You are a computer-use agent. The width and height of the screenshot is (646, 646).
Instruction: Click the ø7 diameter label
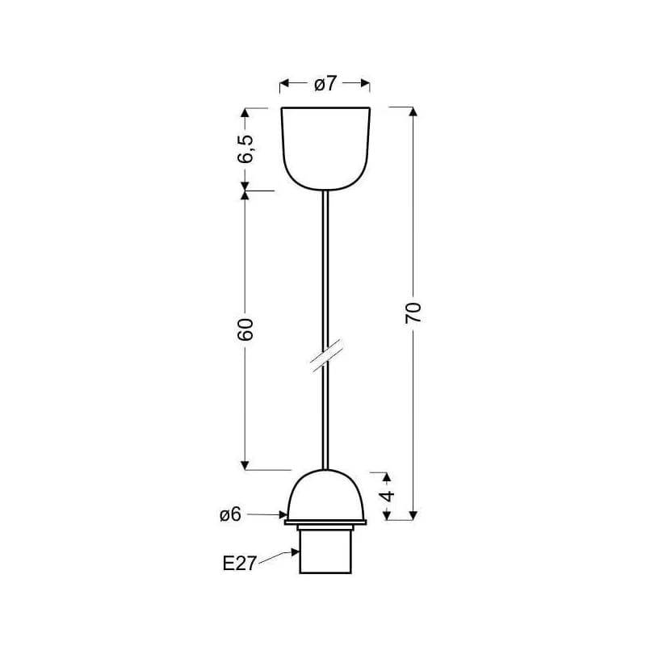tap(325, 83)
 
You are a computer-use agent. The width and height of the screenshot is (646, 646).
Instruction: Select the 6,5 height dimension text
tap(246, 149)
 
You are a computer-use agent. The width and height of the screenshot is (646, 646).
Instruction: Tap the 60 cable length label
tap(245, 329)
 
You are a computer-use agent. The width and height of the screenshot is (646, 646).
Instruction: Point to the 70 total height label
tap(413, 313)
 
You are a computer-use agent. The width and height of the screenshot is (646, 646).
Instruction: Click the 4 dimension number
tap(388, 496)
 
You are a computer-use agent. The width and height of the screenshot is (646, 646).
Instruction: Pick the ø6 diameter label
tap(230, 514)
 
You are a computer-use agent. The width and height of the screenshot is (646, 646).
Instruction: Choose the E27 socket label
tap(239, 563)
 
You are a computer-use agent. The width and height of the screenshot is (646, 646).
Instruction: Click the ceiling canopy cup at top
tap(325, 149)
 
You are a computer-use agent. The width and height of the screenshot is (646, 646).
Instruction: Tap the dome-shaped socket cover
tap(325, 494)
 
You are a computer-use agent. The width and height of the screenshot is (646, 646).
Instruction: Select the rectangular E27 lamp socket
tap(325, 552)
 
